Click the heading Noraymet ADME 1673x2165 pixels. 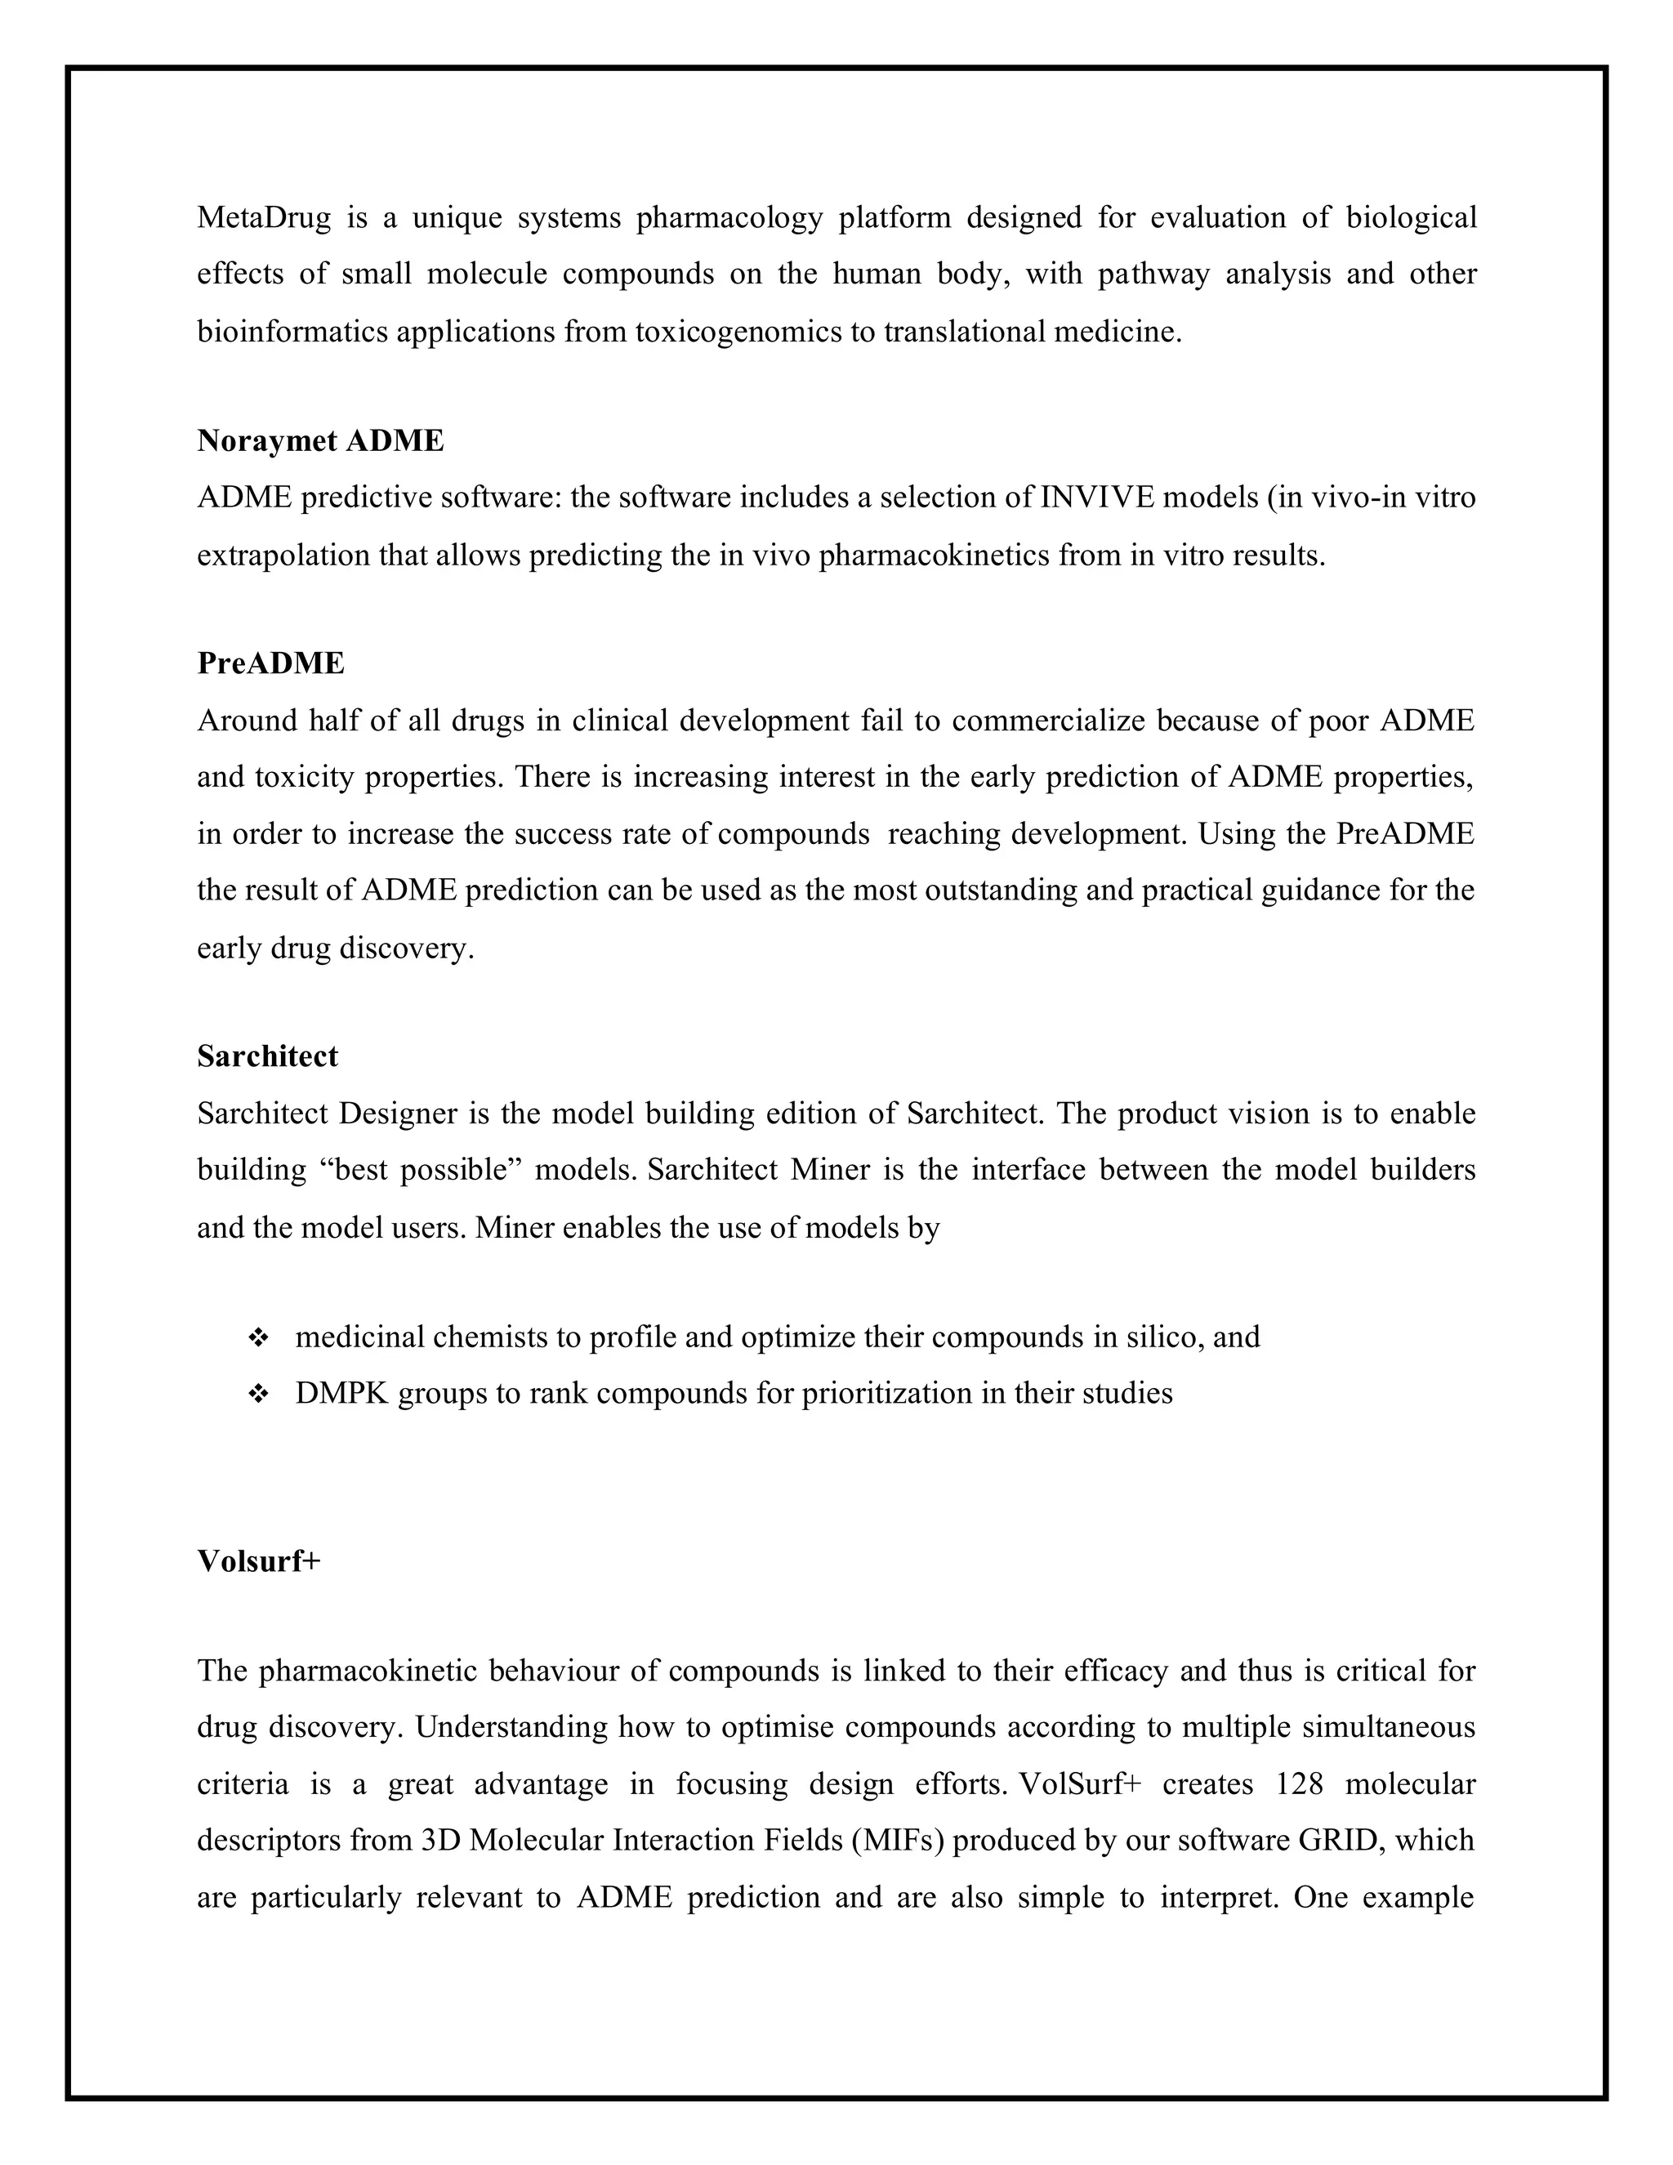pyautogui.click(x=320, y=440)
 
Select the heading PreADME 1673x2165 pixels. pyautogui.click(x=270, y=663)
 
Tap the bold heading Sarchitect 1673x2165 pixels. pyautogui.click(x=268, y=1056)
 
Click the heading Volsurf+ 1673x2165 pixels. pyautogui.click(x=259, y=1560)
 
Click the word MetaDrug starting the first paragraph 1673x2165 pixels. pyautogui.click(x=264, y=217)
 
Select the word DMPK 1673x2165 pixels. pyautogui.click(x=342, y=1394)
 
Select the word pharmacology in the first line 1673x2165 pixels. pyautogui.click(x=729, y=217)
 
